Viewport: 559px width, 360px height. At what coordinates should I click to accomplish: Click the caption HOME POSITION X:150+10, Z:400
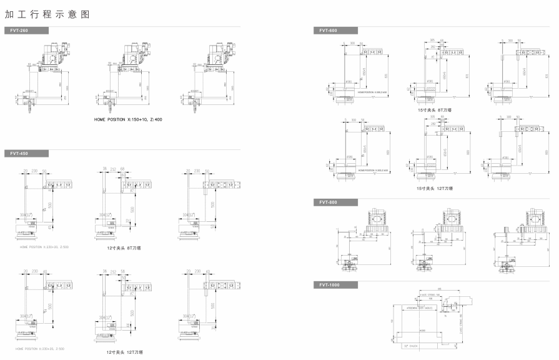click(x=128, y=119)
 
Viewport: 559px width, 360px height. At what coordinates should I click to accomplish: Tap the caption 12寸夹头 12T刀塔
click(x=125, y=352)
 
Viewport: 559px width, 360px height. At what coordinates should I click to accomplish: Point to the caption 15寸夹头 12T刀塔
click(x=435, y=188)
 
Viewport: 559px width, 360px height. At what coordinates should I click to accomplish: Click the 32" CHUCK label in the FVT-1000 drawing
click(x=410, y=345)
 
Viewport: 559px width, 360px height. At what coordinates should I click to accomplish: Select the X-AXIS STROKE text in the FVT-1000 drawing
click(x=430, y=293)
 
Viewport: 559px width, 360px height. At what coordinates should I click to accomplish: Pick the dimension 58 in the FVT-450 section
click(x=124, y=272)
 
